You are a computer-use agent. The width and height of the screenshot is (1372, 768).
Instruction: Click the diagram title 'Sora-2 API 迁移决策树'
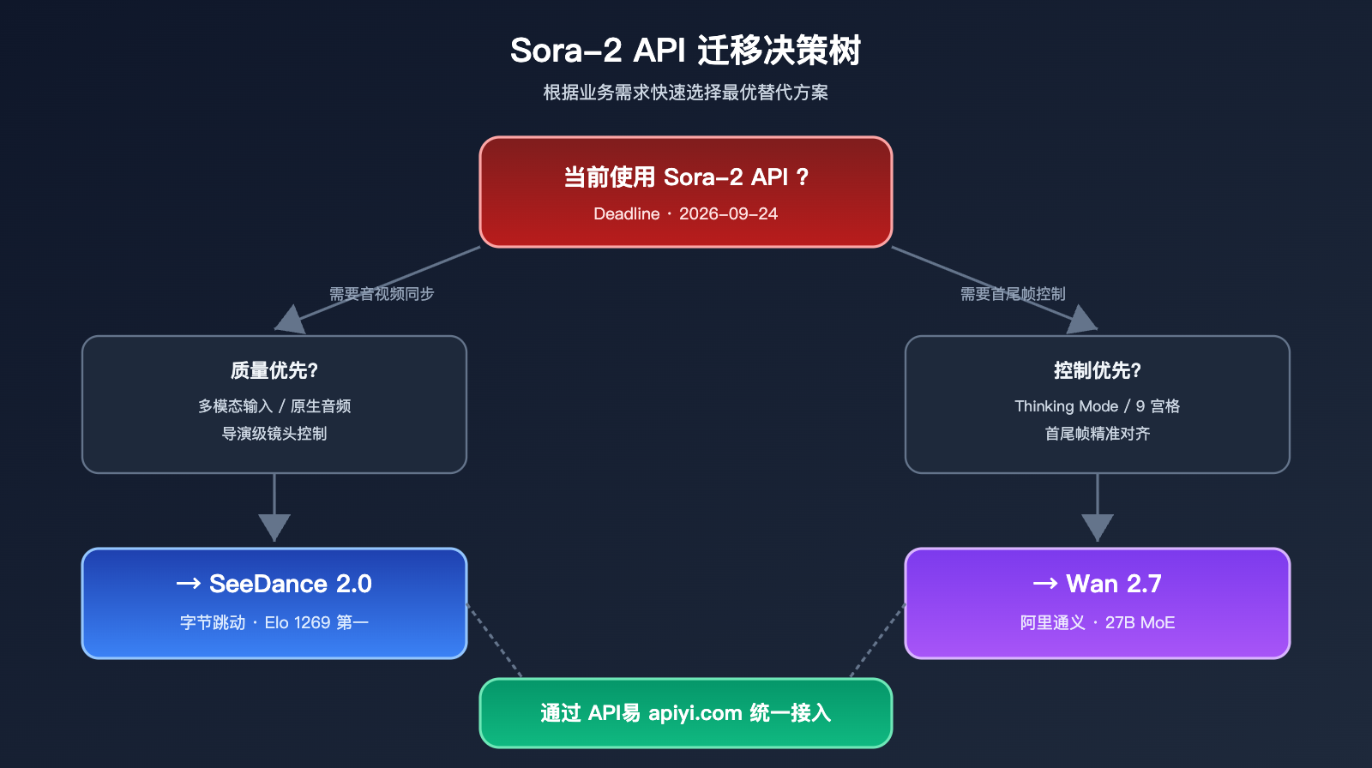[x=685, y=51]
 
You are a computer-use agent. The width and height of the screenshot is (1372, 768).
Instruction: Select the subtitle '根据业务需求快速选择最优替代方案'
[x=685, y=93]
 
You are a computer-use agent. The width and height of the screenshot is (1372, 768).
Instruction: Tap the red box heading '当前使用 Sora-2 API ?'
[x=685, y=177]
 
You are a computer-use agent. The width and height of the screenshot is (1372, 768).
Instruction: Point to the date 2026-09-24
[x=728, y=214]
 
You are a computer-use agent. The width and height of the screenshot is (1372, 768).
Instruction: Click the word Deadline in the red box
[x=626, y=214]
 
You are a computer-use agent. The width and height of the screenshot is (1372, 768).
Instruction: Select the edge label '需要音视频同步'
[x=382, y=294]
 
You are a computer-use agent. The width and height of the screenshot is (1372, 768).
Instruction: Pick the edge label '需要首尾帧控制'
[x=1013, y=294]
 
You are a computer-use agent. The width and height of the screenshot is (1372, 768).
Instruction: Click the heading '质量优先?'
[x=274, y=370]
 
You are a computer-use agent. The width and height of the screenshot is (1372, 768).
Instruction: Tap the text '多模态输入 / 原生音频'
[x=274, y=406]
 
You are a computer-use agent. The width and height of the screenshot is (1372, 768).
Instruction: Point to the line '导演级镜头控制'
[x=274, y=434]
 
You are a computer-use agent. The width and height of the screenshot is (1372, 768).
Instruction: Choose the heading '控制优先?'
[x=1098, y=370]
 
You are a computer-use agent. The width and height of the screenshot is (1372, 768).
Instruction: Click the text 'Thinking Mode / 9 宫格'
[x=1098, y=406]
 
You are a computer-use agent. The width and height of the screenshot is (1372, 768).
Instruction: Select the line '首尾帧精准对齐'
[x=1098, y=434]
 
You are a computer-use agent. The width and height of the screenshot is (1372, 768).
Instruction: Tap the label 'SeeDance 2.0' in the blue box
[x=290, y=584]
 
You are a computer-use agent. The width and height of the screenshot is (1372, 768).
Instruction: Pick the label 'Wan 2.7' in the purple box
[x=1113, y=584]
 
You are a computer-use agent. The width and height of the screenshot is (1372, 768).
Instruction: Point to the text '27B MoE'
[x=1140, y=623]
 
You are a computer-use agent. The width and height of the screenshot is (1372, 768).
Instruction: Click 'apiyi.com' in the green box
[x=695, y=713]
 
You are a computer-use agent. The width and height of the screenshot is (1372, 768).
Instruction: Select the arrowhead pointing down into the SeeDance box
[x=274, y=526]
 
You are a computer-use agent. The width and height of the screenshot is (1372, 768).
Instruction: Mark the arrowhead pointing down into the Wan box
[x=1098, y=526]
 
